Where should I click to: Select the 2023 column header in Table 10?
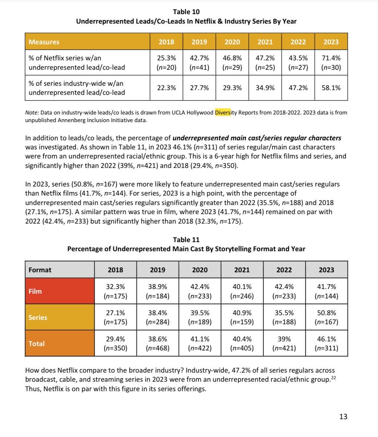coord(331,42)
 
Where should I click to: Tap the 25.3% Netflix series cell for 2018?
coord(166,63)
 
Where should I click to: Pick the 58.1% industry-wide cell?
coord(331,88)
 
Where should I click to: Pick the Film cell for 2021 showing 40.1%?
coord(242,291)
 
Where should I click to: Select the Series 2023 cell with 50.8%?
coord(326,317)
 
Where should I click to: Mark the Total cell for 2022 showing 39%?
coord(284,344)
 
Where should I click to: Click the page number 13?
coord(343,417)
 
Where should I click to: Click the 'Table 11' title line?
coord(186,240)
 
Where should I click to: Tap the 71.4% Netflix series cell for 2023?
coord(331,63)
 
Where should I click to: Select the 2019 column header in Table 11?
coord(157,270)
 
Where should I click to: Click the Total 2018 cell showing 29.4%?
coord(116,344)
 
